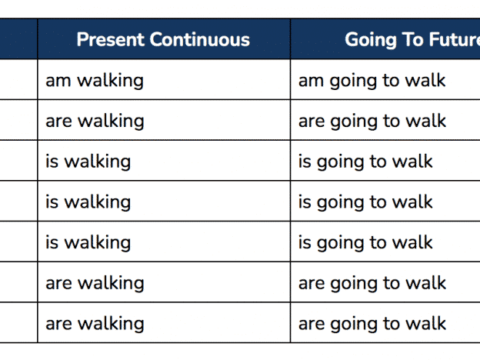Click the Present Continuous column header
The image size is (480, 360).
[x=163, y=39]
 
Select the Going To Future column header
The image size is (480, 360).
[x=412, y=40]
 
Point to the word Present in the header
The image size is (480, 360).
[x=111, y=39]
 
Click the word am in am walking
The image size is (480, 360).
[x=58, y=81]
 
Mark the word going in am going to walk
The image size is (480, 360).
[x=353, y=82]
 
